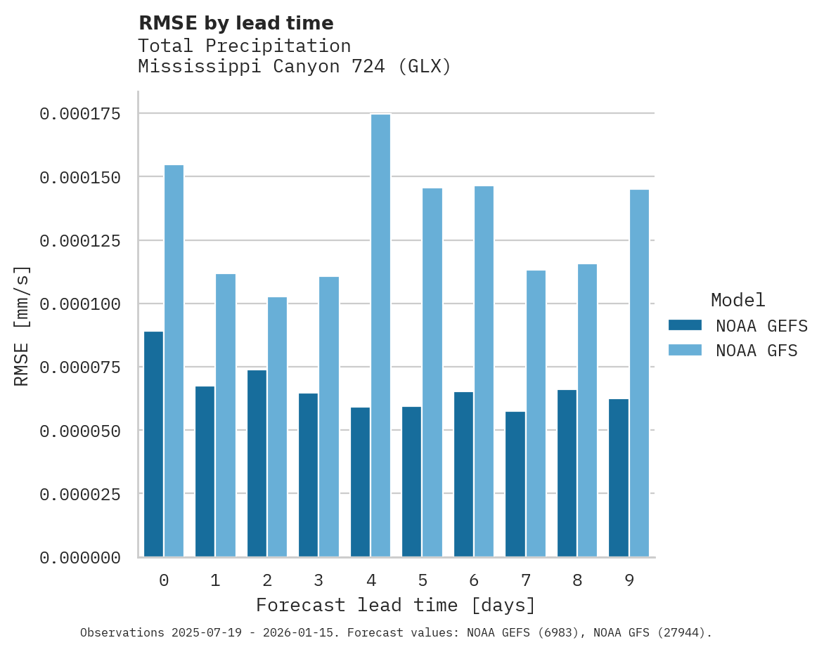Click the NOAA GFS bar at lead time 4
380,336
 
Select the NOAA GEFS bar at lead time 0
153,444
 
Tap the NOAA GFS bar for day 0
174,361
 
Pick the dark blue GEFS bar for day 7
515,484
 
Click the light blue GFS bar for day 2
277,427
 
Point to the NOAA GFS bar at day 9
639,373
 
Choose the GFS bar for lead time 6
484,372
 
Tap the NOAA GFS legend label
757,351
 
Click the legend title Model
738,300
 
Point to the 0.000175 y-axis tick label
79,114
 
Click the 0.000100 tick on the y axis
79,304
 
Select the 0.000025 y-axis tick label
79,495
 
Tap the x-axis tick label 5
423,580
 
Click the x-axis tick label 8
577,580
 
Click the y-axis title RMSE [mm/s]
22,326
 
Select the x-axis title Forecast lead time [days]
396,605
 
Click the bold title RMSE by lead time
236,23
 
